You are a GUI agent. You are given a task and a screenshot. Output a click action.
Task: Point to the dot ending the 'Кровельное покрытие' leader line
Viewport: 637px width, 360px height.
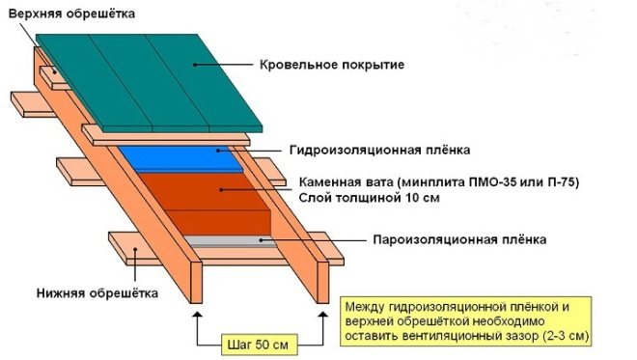click(x=195, y=65)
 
